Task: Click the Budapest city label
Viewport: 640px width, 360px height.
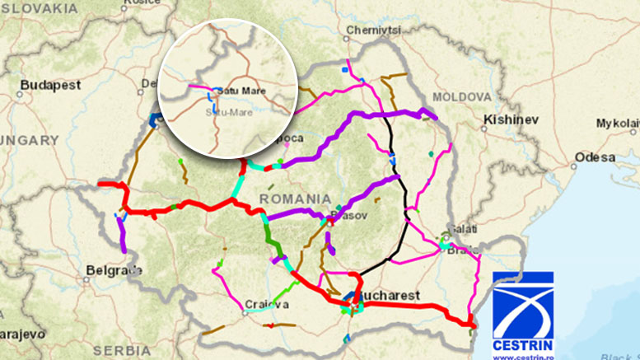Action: coord(51,85)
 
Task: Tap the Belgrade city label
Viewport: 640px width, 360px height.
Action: coord(114,270)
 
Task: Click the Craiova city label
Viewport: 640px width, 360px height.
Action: coord(267,305)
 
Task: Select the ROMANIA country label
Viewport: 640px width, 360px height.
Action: coord(291,199)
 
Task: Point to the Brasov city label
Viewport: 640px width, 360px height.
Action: coord(346,216)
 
